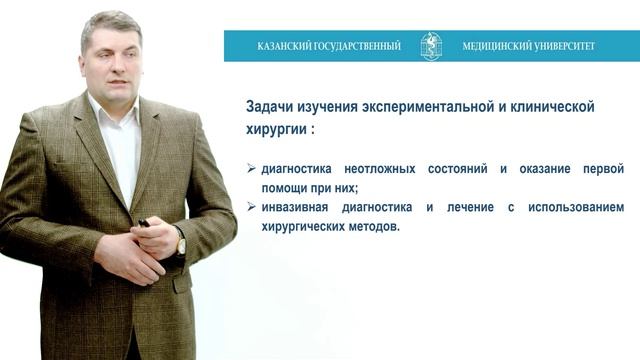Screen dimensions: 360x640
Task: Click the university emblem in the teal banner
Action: [431, 46]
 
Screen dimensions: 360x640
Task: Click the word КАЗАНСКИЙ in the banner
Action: [285, 46]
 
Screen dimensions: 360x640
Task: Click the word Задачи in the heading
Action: [270, 106]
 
